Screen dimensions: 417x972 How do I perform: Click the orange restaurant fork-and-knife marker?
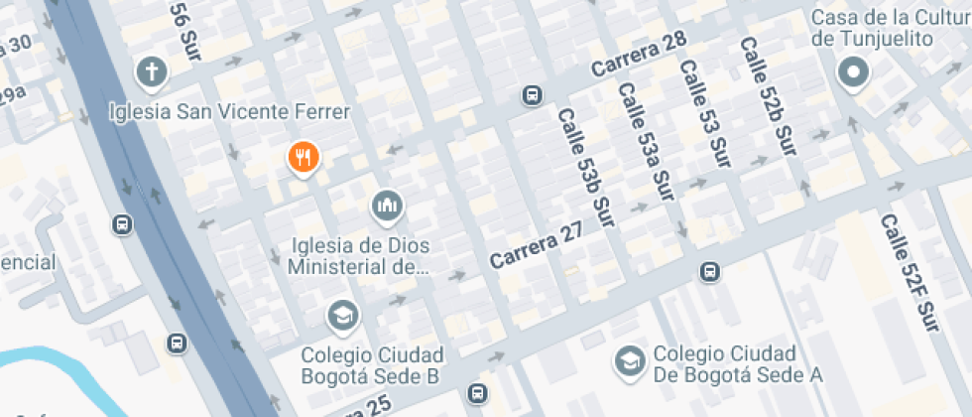303,156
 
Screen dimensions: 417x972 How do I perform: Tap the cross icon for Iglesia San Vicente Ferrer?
151,71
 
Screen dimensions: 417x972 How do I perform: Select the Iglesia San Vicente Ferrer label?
229,111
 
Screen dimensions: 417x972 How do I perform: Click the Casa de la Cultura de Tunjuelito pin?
852,72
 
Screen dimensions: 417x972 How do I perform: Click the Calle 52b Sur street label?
767,96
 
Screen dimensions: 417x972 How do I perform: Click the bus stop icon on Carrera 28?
532,95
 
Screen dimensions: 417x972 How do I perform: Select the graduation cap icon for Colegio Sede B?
342,316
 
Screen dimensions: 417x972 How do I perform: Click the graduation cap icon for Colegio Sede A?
629,361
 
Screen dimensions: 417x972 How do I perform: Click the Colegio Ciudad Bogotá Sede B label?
372,365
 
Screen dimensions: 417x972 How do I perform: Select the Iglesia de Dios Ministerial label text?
359,255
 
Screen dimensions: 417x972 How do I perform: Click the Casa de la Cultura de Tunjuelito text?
888,28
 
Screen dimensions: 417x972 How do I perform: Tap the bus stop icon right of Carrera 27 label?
709,271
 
